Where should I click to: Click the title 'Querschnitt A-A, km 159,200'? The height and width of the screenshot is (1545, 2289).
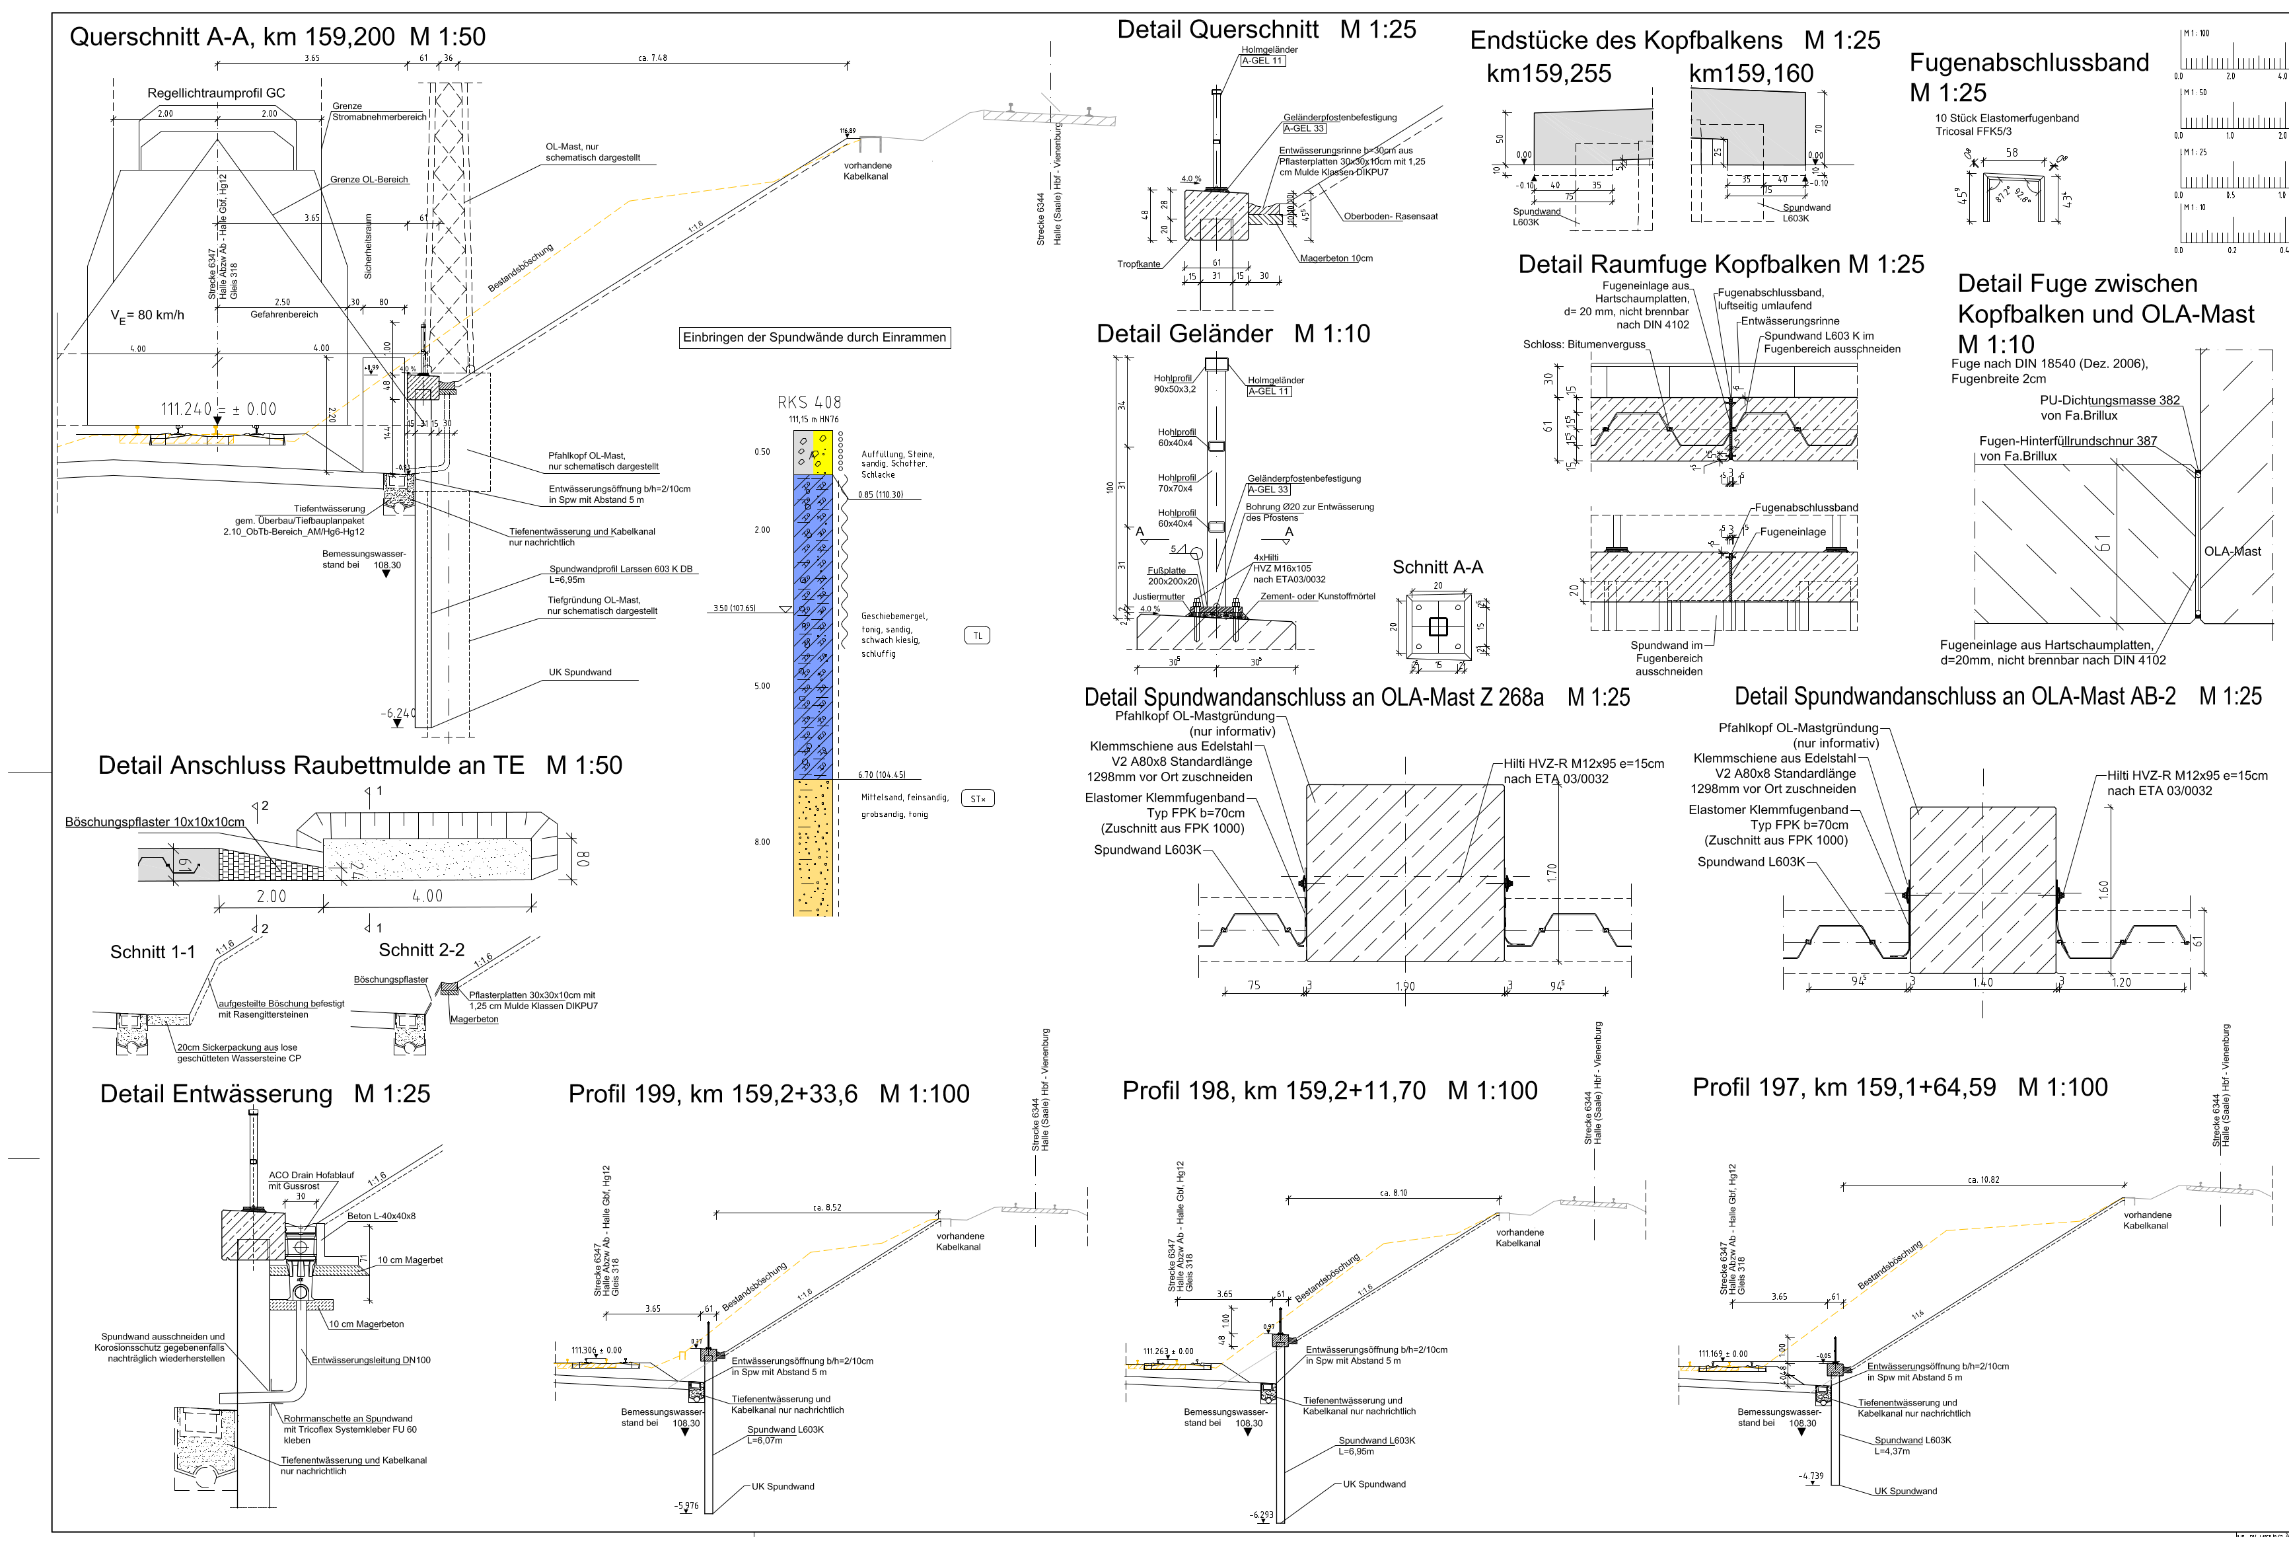pos(233,38)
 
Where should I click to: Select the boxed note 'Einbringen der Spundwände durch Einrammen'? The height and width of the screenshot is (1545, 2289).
pos(814,337)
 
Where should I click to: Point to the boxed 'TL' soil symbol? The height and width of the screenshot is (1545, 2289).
pos(977,636)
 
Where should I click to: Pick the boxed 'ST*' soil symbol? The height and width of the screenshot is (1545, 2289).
pos(977,798)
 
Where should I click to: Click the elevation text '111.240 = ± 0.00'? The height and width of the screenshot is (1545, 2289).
pos(219,409)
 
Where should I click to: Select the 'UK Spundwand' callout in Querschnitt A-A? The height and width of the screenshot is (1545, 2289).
pos(580,672)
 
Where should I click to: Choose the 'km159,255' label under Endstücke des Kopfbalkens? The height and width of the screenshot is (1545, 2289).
pos(1548,74)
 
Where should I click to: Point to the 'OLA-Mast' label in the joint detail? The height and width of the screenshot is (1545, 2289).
pos(2232,551)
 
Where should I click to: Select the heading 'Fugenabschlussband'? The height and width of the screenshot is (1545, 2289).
pos(2028,63)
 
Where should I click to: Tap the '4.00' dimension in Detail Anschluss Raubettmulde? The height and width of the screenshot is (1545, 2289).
pos(427,895)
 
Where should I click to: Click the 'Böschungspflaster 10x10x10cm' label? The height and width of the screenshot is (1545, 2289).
pos(155,822)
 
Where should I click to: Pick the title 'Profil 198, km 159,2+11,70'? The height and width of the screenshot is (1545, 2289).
pos(1274,1091)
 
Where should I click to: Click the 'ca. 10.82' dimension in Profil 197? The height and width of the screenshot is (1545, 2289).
pos(1982,1180)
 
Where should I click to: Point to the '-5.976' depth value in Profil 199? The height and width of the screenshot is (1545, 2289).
pos(686,1505)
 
